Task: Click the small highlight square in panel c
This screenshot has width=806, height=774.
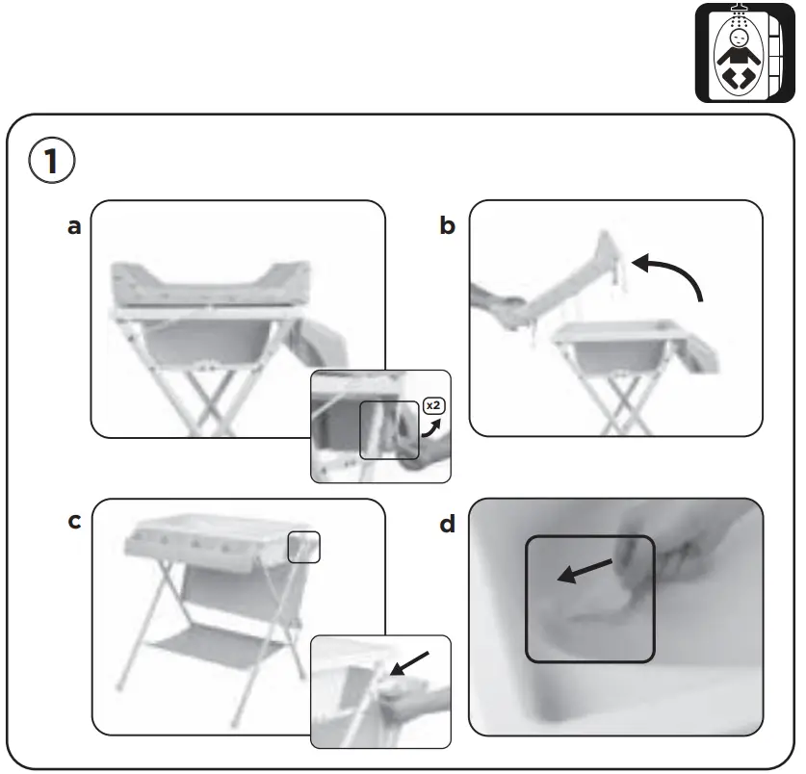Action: click(x=303, y=546)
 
